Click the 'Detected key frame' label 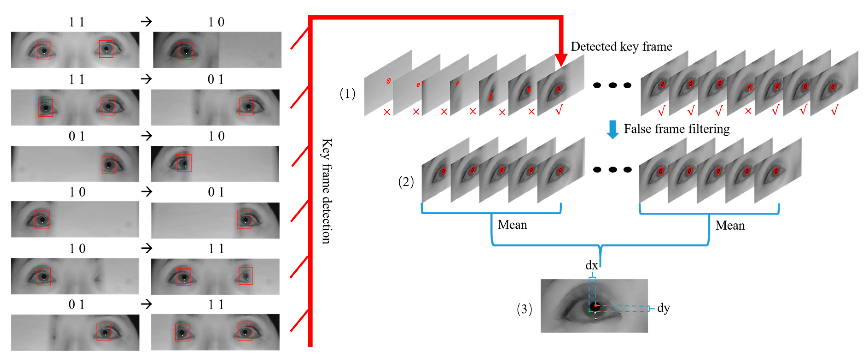point(621,46)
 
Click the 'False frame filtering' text point(676,129)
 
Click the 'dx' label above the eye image point(591,265)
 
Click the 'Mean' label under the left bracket point(512,224)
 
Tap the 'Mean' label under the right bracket point(730,225)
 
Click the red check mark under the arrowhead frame point(559,110)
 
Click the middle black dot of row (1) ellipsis point(612,85)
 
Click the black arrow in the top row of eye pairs point(146,22)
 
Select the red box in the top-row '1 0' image point(186,50)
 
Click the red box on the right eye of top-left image point(106,49)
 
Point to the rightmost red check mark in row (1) point(834,110)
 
